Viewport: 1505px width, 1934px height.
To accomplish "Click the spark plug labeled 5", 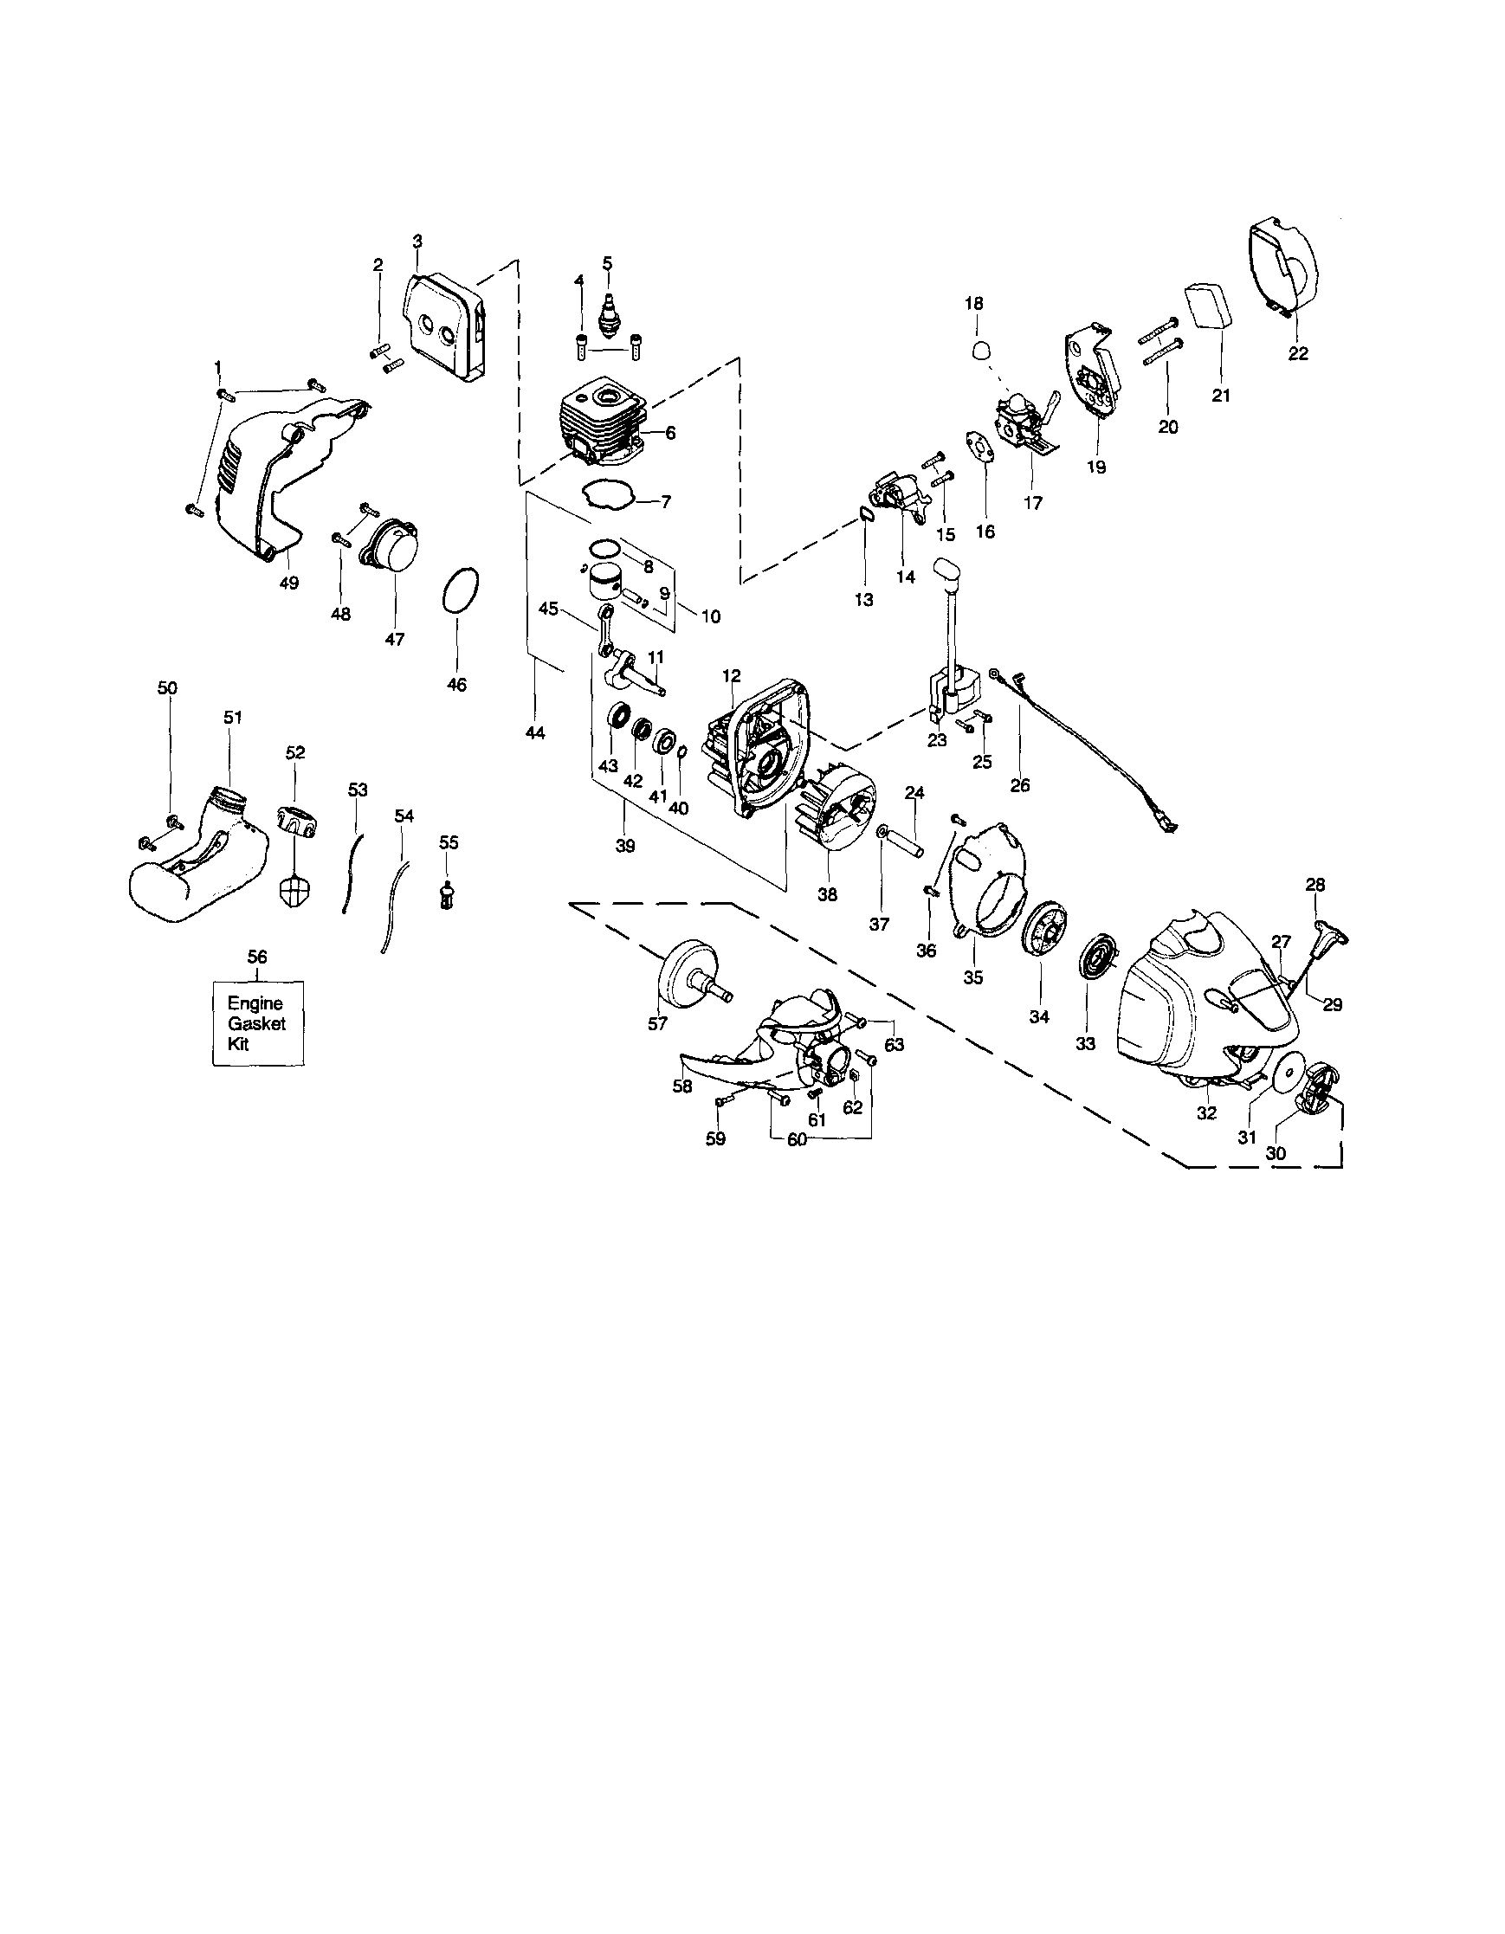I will [x=608, y=312].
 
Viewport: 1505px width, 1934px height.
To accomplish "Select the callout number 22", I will [x=1298, y=353].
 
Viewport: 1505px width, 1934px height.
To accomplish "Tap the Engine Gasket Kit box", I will [x=258, y=1022].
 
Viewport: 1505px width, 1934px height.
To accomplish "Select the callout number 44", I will [x=535, y=732].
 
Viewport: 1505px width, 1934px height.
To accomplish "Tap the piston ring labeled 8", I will [x=606, y=549].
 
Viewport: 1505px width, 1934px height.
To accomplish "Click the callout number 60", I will [x=797, y=1139].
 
